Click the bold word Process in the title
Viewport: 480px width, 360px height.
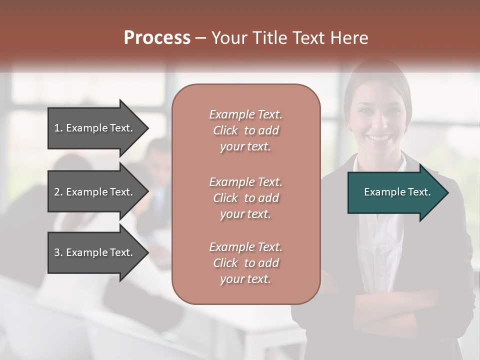pos(157,38)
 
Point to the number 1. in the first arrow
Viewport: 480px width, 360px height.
pos(58,128)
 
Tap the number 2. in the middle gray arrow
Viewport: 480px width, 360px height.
pos(58,192)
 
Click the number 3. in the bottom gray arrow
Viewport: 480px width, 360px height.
pos(58,252)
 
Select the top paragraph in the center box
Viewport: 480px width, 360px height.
pos(245,130)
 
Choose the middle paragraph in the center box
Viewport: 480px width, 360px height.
pos(245,198)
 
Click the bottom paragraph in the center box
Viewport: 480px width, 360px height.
pos(245,263)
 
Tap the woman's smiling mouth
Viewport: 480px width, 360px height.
pos(379,137)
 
